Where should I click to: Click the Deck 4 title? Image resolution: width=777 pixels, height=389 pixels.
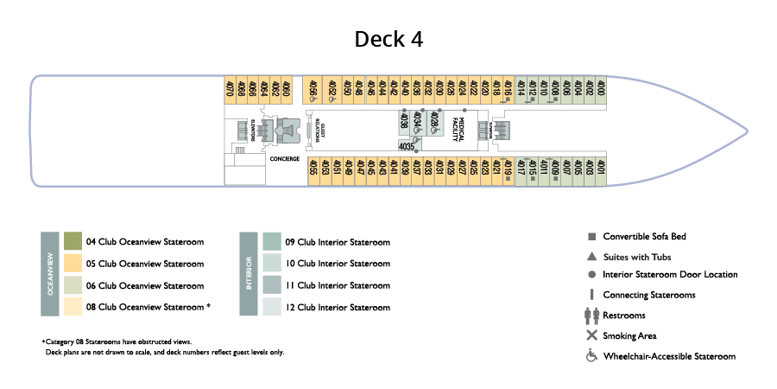coord(388,40)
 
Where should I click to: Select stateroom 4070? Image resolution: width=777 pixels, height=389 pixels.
coord(230,90)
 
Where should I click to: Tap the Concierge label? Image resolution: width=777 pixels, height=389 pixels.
coord(284,159)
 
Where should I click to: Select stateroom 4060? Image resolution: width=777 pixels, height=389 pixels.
coord(286,90)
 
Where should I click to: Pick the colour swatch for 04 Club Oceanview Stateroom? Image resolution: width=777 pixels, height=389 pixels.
coord(73,241)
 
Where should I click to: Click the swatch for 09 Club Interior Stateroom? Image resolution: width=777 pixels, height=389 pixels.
coord(272,242)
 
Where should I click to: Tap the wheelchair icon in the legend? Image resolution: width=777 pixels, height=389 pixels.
coord(591,356)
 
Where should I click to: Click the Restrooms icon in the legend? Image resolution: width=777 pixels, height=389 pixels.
coord(591,316)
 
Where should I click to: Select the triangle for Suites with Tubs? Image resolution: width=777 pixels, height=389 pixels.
coord(591,257)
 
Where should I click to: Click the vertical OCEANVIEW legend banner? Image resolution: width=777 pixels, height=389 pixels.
coord(49,274)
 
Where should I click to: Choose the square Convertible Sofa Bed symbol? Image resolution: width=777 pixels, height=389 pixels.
coord(591,237)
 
